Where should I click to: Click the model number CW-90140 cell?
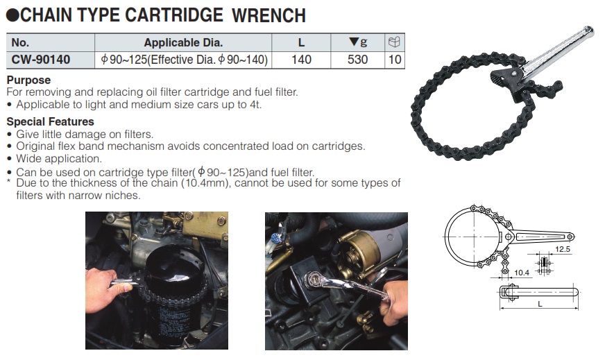[x=41, y=60]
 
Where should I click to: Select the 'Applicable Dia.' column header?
[x=183, y=43]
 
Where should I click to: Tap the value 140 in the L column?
[x=301, y=60]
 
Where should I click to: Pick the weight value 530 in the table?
[x=357, y=60]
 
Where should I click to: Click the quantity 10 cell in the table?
[x=395, y=60]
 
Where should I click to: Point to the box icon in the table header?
[x=395, y=42]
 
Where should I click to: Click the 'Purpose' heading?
[x=28, y=80]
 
